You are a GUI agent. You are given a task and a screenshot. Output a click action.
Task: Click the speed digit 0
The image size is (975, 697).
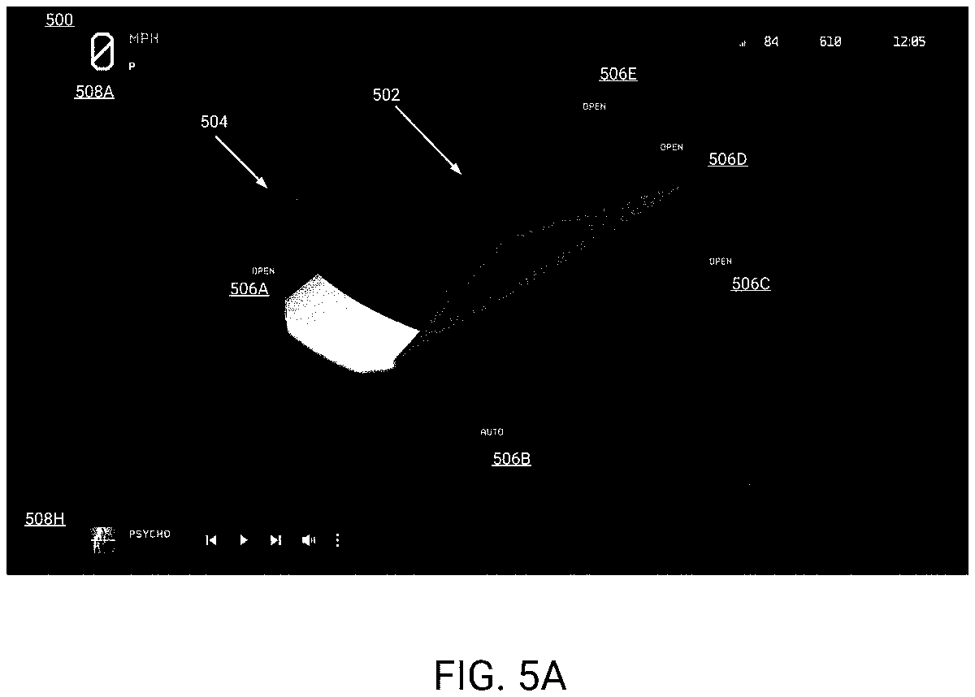pyautogui.click(x=102, y=52)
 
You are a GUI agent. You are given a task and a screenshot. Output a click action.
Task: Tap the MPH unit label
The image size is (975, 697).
pyautogui.click(x=144, y=39)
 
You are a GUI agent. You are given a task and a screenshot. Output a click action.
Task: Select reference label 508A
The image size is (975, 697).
pyautogui.click(x=94, y=92)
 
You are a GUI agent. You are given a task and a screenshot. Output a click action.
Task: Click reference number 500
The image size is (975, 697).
pyautogui.click(x=59, y=20)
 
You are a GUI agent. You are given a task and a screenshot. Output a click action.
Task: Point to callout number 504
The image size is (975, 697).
pyautogui.click(x=214, y=122)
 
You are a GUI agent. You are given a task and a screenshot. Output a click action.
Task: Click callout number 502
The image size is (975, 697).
pyautogui.click(x=386, y=95)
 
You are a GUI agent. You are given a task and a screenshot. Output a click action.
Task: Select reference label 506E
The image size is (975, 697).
pyautogui.click(x=617, y=74)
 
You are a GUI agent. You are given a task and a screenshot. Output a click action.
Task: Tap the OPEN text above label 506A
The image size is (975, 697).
pyautogui.click(x=263, y=271)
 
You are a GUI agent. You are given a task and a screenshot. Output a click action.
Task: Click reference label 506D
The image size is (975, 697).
pyautogui.click(x=727, y=159)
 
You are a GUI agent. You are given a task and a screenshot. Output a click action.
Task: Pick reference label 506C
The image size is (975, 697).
pyautogui.click(x=751, y=284)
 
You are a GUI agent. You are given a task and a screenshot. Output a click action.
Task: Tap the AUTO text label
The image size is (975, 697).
pyautogui.click(x=492, y=432)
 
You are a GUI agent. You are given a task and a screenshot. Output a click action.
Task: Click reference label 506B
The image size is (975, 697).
pyautogui.click(x=512, y=459)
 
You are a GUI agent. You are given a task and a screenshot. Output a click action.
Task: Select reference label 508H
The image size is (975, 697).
pyautogui.click(x=45, y=519)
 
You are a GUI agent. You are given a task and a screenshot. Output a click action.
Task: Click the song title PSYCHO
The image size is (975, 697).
pyautogui.click(x=149, y=535)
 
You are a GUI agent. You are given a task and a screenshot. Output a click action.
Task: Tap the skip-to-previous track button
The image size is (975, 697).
pyautogui.click(x=211, y=540)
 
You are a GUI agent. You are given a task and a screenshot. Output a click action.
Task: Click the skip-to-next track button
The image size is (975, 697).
pyautogui.click(x=276, y=540)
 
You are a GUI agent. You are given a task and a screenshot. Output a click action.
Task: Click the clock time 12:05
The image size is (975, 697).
pyautogui.click(x=908, y=42)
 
